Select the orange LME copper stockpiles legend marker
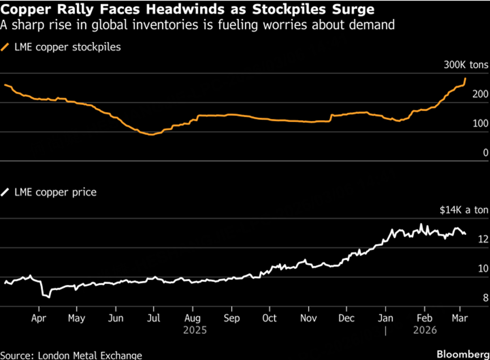[7, 48]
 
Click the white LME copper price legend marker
[7, 192]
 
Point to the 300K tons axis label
[466, 65]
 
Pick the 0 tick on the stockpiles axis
[485, 152]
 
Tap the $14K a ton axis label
[464, 210]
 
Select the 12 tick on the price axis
[483, 239]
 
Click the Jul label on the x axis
[154, 318]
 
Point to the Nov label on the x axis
[309, 318]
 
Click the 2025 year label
[192, 329]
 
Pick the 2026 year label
[425, 329]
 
